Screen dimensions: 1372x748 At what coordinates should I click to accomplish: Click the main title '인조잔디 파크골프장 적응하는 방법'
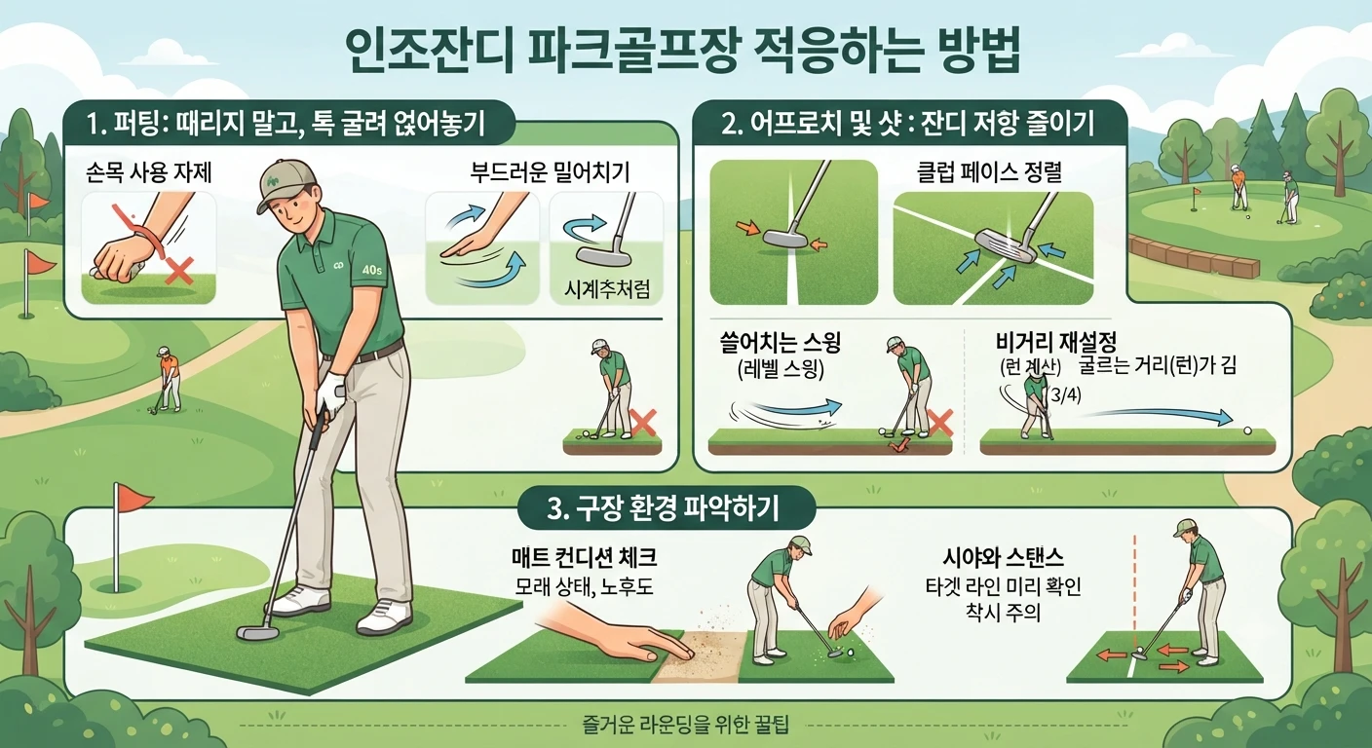tap(682, 52)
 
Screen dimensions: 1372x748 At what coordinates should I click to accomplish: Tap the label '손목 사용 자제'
tap(149, 172)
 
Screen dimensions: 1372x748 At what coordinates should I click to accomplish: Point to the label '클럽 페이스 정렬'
tap(989, 171)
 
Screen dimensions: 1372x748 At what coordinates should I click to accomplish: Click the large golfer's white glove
tap(330, 392)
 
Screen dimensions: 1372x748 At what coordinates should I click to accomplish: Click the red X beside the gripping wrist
tap(179, 271)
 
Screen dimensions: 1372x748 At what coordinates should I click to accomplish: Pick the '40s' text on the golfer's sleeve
tap(371, 270)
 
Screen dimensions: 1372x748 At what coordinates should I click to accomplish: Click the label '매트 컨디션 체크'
tap(584, 557)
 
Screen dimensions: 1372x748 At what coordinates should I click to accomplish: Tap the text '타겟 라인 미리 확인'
tap(1003, 586)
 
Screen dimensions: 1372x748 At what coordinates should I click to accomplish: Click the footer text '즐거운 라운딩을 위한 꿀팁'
tap(685, 725)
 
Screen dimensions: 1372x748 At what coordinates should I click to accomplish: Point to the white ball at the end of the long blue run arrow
tap(1247, 430)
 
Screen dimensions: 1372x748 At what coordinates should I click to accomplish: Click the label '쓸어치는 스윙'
tap(780, 342)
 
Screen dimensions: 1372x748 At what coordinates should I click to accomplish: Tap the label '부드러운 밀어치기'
tap(550, 172)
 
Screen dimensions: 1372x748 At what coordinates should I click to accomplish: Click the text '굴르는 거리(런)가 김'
tap(1158, 365)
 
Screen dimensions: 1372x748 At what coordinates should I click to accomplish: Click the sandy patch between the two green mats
tap(699, 654)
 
